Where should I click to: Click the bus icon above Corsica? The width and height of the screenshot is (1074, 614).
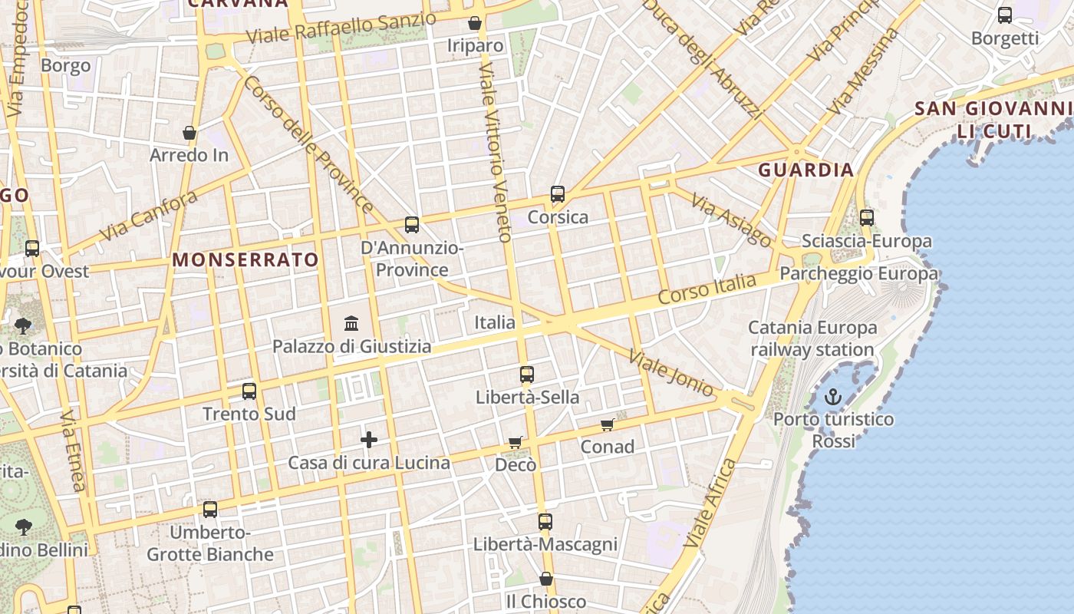(x=558, y=194)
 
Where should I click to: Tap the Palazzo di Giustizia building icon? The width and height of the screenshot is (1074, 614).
(x=351, y=323)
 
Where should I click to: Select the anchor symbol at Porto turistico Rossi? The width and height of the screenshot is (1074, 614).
(x=833, y=397)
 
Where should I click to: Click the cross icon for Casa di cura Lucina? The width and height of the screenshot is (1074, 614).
(x=369, y=440)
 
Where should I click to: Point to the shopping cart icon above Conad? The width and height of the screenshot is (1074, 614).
(x=608, y=424)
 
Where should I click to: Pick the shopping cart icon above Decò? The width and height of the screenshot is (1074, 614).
(x=516, y=442)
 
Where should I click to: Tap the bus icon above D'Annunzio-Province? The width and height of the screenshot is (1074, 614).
(x=412, y=225)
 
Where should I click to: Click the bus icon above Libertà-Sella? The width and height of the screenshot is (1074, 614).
(x=526, y=375)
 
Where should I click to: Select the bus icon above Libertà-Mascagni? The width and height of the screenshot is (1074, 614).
(x=545, y=522)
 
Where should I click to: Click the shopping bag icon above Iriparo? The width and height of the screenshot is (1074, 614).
(x=475, y=23)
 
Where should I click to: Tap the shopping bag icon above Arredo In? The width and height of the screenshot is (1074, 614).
(x=189, y=134)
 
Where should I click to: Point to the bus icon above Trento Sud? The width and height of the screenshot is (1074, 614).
(x=249, y=391)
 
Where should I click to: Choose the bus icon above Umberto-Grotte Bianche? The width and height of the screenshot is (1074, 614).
(x=210, y=510)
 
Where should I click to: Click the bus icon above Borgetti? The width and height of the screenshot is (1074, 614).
(x=1004, y=15)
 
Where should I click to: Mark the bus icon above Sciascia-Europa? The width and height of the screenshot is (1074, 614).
(x=867, y=218)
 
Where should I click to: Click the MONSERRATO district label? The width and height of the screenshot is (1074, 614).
(x=245, y=259)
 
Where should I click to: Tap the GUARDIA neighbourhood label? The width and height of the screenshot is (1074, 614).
(x=805, y=170)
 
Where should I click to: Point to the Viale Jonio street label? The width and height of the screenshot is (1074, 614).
(x=671, y=374)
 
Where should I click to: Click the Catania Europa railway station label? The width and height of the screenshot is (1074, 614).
(x=812, y=338)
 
